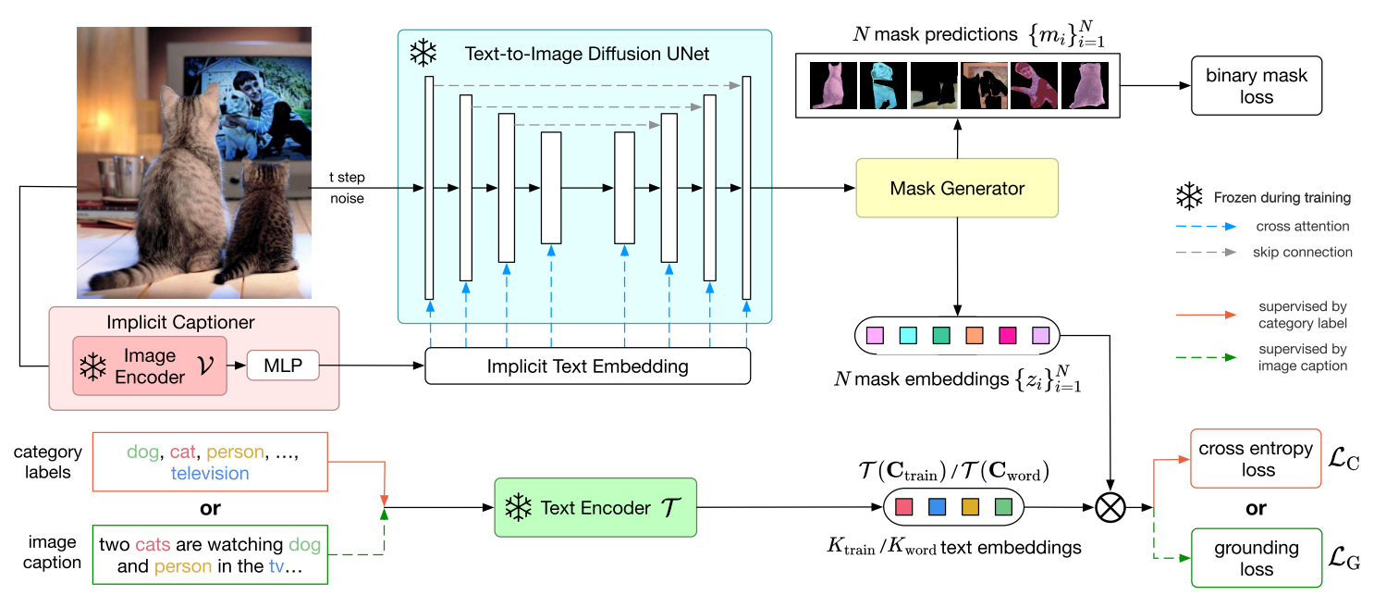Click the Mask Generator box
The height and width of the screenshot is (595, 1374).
pyautogui.click(x=957, y=189)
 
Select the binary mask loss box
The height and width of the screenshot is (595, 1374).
pyautogui.click(x=1257, y=86)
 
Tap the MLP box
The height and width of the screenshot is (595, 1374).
pyautogui.click(x=281, y=367)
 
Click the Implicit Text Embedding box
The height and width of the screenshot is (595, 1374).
pyautogui.click(x=587, y=366)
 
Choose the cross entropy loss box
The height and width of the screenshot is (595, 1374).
pyautogui.click(x=1255, y=459)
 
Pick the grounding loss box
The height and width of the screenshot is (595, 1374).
pyautogui.click(x=1255, y=558)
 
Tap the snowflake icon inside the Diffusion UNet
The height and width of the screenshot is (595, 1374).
pyautogui.click(x=423, y=54)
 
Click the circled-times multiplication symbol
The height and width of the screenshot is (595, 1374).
pyautogui.click(x=1109, y=507)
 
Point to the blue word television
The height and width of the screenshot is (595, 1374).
pyautogui.click(x=210, y=473)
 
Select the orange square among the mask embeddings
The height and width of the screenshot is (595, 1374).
pyautogui.click(x=974, y=335)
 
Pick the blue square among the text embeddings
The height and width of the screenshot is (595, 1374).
pyautogui.click(x=937, y=507)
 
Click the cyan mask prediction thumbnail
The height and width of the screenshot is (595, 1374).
pyautogui.click(x=883, y=85)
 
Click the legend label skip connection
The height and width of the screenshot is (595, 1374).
pyautogui.click(x=1289, y=252)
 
